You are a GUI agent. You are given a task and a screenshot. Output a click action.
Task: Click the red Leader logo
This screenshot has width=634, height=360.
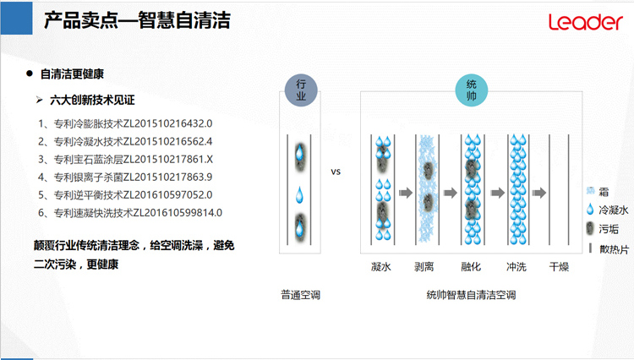coord(586,22)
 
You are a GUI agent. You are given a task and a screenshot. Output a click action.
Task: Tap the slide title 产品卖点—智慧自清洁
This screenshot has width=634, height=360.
coord(137,20)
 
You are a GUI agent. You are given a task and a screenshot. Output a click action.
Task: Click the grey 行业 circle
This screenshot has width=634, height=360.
coord(301,90)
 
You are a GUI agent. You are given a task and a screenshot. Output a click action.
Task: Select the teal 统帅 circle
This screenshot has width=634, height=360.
coord(472,90)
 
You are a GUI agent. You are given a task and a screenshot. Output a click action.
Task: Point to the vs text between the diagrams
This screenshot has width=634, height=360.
coord(336,172)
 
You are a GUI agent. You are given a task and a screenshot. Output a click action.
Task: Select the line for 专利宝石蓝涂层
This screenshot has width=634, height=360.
coord(125,159)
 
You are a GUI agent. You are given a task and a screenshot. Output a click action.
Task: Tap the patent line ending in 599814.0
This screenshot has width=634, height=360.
coord(130,212)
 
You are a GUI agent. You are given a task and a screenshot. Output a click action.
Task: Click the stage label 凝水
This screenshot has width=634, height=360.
coord(381,267)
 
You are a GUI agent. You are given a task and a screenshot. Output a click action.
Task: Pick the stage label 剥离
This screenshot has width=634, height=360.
coord(424,267)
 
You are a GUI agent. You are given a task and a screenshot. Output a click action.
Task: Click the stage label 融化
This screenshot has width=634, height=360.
coord(471,267)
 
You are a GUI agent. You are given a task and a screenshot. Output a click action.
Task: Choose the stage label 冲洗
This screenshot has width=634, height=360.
coord(516,267)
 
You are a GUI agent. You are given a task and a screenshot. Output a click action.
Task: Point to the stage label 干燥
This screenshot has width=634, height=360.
coord(560,267)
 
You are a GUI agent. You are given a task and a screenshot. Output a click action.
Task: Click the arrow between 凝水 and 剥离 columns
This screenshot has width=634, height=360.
coord(406,193)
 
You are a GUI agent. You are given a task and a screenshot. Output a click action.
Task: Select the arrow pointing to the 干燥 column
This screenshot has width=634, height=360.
coord(539,193)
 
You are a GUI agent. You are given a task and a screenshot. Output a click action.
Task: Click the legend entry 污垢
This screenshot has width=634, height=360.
coord(603,229)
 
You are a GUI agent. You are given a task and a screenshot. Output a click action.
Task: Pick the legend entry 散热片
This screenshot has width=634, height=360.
coord(609,249)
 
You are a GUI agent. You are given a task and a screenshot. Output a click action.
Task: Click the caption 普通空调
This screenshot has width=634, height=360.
coord(300,295)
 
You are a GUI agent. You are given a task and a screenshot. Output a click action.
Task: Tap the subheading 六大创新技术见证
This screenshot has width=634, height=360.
coord(92,101)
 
